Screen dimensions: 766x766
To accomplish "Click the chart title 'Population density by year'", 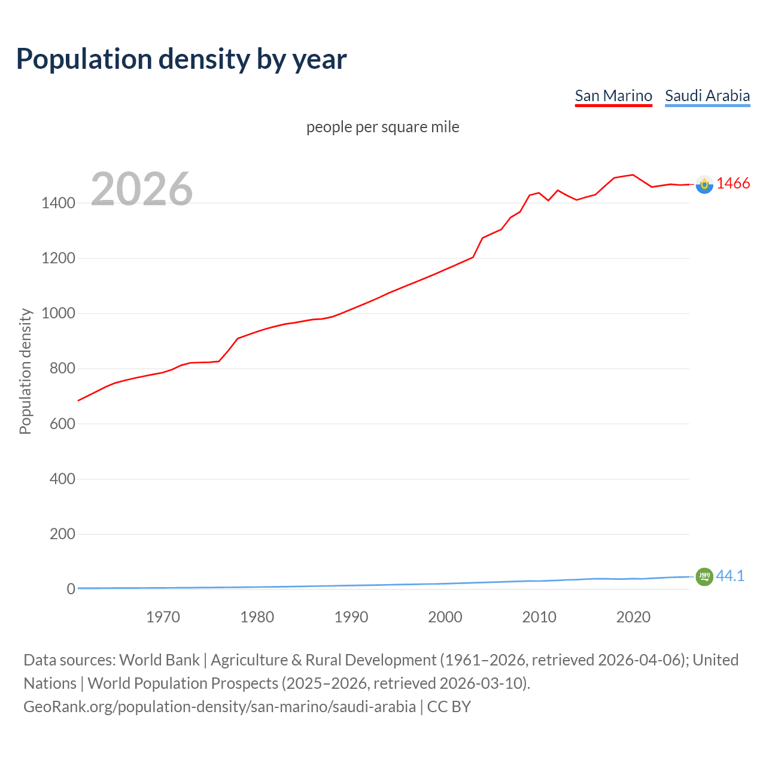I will pyautogui.click(x=181, y=59).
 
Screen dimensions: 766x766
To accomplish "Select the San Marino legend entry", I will pyautogui.click(x=613, y=96).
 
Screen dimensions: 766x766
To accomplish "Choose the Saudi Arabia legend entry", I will pyautogui.click(x=707, y=96).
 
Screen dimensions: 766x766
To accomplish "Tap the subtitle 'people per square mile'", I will pyautogui.click(x=383, y=127).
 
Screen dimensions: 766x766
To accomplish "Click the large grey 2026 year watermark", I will pyautogui.click(x=142, y=189).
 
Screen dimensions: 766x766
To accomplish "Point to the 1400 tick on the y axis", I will pyautogui.click(x=58, y=203).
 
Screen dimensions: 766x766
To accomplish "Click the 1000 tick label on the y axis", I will pyautogui.click(x=58, y=314).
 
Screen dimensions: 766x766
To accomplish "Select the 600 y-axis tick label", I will pyautogui.click(x=62, y=424).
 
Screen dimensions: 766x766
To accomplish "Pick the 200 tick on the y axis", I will pyautogui.click(x=62, y=534).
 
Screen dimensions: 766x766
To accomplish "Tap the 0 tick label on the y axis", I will pyautogui.click(x=71, y=589).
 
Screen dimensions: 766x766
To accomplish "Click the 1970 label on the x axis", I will pyautogui.click(x=163, y=617).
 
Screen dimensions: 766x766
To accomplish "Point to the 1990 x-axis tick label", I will pyautogui.click(x=351, y=617).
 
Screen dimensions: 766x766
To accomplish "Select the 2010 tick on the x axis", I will pyautogui.click(x=539, y=617).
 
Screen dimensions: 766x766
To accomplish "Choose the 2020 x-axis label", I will pyautogui.click(x=633, y=617).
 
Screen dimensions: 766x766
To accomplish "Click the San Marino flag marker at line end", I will pyautogui.click(x=704, y=185).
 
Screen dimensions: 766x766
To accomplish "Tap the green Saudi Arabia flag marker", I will pyautogui.click(x=704, y=576).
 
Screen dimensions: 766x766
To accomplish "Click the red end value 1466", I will pyautogui.click(x=733, y=184).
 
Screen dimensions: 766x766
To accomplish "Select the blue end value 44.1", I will pyautogui.click(x=730, y=576).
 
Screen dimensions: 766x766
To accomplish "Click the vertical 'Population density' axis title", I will pyautogui.click(x=25, y=371).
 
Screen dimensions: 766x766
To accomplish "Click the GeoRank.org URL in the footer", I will pyautogui.click(x=220, y=707).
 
